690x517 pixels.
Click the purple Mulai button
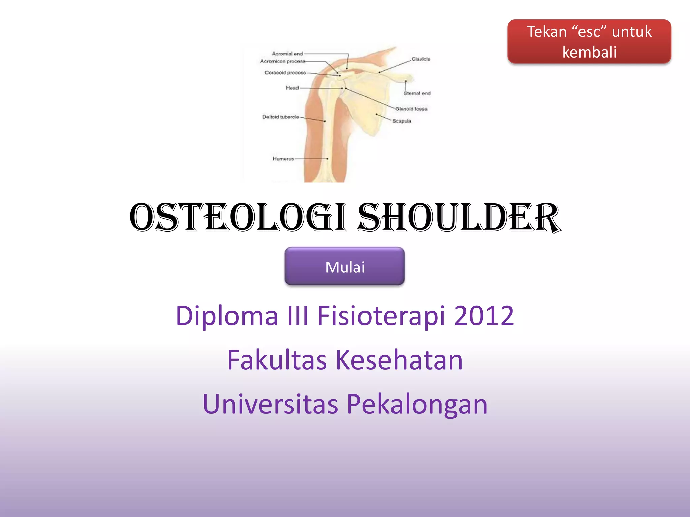(344, 267)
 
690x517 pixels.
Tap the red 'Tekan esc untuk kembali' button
(589, 41)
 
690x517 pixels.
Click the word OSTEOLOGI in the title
(238, 218)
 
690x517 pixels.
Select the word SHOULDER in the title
(459, 218)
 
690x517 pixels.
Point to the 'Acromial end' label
(287, 54)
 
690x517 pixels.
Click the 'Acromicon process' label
(282, 61)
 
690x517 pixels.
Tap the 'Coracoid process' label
(285, 73)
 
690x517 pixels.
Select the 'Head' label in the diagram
(292, 88)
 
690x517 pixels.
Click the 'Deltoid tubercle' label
(280, 117)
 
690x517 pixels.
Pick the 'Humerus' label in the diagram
(283, 159)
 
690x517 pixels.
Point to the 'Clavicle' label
(421, 59)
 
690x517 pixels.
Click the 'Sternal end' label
(417, 93)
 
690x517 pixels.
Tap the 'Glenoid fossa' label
(411, 109)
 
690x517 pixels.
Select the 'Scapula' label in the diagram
(402, 121)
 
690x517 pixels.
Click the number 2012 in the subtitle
(484, 316)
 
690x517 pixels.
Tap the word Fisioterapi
(381, 316)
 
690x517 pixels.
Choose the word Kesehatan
(399, 360)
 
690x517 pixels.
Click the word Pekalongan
(417, 404)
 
